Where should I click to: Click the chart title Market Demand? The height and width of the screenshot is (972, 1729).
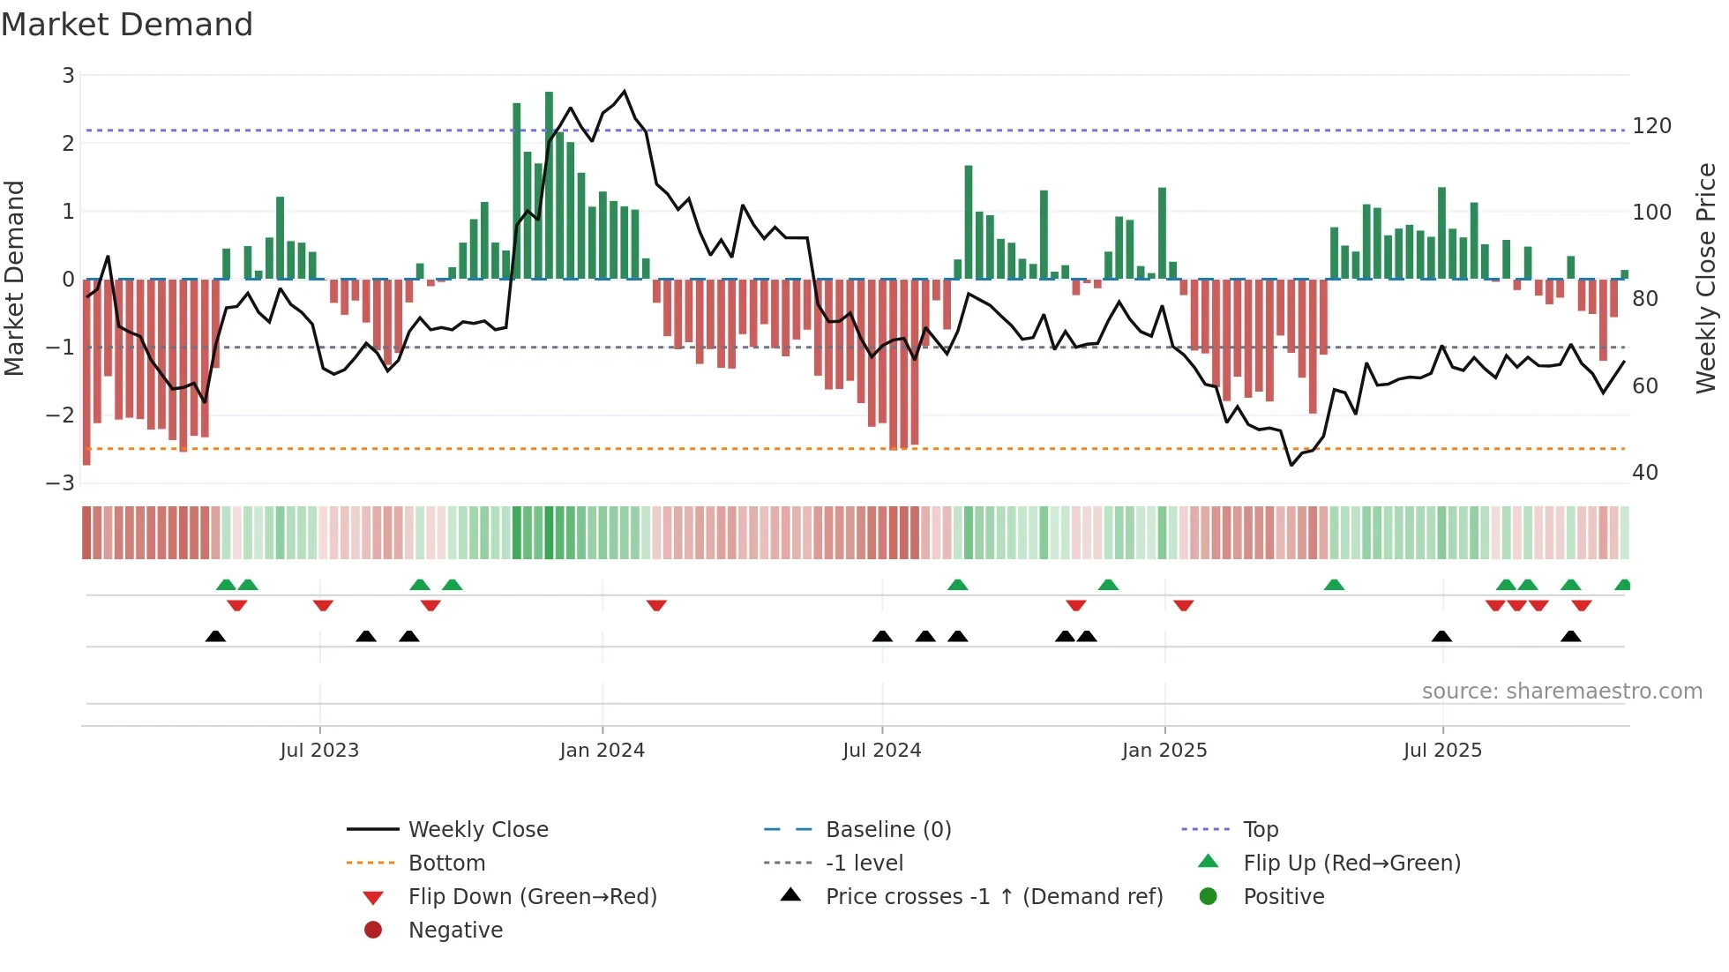[x=127, y=25]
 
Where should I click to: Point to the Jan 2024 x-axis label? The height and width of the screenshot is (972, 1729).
[x=602, y=751]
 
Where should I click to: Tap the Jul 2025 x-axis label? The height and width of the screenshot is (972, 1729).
[x=1442, y=751]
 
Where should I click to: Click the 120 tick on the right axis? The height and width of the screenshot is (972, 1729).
[x=1651, y=126]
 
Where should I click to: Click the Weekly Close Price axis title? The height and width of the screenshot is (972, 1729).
[x=1706, y=278]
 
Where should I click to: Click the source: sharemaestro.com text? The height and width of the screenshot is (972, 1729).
[x=1561, y=692]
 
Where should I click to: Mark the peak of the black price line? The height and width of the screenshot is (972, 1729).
[x=625, y=92]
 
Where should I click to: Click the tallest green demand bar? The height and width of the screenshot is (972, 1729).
[x=549, y=185]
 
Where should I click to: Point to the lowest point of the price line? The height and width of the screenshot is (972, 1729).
[x=1291, y=465]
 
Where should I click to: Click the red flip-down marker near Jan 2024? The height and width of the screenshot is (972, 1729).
[x=656, y=606]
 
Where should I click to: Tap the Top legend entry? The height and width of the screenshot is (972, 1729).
[x=1260, y=830]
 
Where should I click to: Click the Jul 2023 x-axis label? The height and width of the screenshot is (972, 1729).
[x=319, y=751]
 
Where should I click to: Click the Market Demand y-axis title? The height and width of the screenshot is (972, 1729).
[x=14, y=278]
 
